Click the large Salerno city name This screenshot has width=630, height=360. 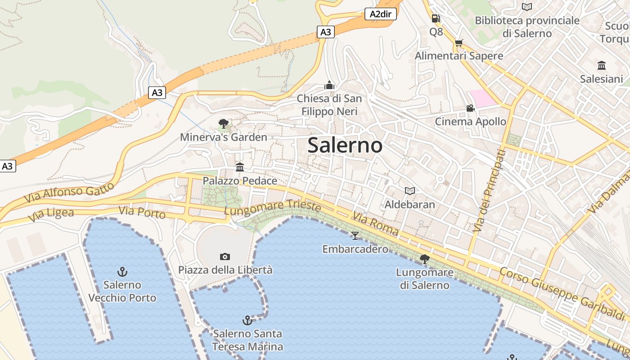pyautogui.click(x=345, y=145)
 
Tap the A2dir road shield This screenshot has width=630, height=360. pyautogui.click(x=380, y=14)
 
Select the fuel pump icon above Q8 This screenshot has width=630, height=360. pyautogui.click(x=436, y=18)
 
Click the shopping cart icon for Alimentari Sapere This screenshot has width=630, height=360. pyautogui.click(x=459, y=43)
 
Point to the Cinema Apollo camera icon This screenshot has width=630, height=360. pyautogui.click(x=470, y=108)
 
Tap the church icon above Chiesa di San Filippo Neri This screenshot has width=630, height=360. pyautogui.click(x=329, y=85)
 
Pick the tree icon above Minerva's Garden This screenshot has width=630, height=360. pyautogui.click(x=223, y=124)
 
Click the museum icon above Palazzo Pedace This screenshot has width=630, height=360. pyautogui.click(x=240, y=167)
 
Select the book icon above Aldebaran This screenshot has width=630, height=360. pyautogui.click(x=409, y=191)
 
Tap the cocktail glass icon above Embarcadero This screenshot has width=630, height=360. pyautogui.click(x=355, y=235)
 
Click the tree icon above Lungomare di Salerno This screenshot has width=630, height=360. pyautogui.click(x=424, y=259)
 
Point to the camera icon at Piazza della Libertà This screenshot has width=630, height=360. pyautogui.click(x=225, y=256)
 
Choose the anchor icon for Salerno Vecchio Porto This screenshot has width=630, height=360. pyautogui.click(x=122, y=271)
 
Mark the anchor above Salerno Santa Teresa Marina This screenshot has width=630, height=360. pyautogui.click(x=247, y=320)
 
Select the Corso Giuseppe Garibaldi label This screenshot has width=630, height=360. pyautogui.click(x=562, y=290)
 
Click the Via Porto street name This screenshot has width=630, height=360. pyautogui.click(x=142, y=212)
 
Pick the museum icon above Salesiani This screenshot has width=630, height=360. pyautogui.click(x=601, y=65)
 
